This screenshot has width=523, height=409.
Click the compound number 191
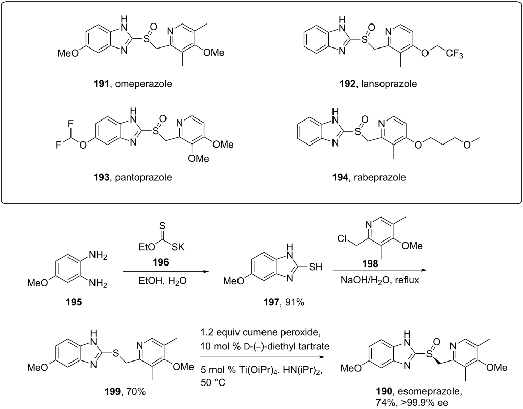[102, 83]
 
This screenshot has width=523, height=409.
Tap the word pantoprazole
[144, 177]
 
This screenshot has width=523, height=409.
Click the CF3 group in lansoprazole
[455, 53]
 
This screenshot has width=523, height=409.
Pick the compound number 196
[161, 262]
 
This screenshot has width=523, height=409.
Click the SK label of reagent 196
[178, 247]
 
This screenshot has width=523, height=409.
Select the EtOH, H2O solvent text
[163, 281]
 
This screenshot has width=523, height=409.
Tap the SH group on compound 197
[316, 267]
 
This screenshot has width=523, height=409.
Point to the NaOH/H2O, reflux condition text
[379, 280]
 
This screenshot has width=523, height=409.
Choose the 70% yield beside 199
[136, 391]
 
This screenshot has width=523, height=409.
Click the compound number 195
[74, 302]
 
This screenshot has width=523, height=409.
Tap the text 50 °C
[213, 382]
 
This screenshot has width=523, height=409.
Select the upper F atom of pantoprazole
[70, 124]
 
